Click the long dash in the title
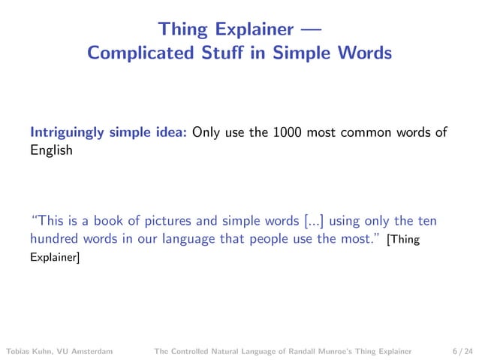click(308, 30)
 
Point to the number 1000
click(288, 133)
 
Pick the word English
click(51, 150)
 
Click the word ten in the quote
click(426, 221)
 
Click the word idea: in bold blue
click(170, 133)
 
